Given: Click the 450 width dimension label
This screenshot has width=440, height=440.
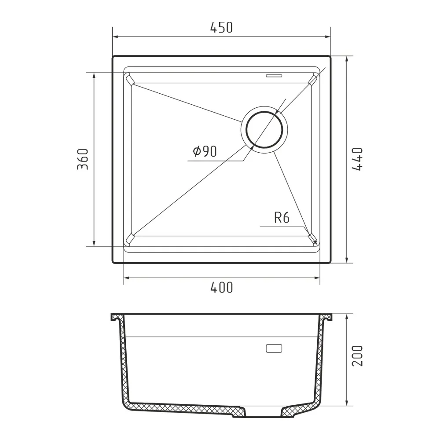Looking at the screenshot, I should click(221, 28).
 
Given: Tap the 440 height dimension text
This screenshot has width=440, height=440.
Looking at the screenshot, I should click(357, 159).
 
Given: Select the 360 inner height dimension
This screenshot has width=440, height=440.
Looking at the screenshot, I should click(83, 159).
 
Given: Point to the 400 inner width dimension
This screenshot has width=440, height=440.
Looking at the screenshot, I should click(221, 288).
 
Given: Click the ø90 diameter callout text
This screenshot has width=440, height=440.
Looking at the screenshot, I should click(205, 152).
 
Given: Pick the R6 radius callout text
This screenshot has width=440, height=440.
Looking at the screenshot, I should click(282, 217).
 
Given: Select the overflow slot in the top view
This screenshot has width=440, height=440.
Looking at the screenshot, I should click(274, 75).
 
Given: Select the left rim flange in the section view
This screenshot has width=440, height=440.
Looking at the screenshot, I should click(116, 318).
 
